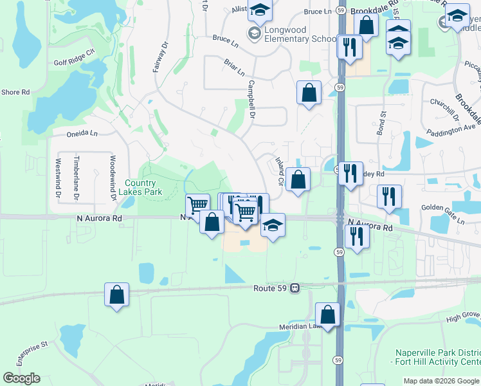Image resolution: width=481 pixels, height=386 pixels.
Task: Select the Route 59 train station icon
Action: tap(295, 288)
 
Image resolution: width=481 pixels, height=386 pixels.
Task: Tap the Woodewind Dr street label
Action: tap(112, 178)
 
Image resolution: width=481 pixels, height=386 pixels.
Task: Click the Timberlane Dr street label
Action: tap(77, 178)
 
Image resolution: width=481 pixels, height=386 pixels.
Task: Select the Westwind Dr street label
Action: tap(58, 178)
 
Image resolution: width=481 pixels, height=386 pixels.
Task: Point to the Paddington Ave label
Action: tap(450, 131)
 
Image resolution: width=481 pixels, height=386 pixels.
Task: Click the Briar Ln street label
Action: tap(235, 68)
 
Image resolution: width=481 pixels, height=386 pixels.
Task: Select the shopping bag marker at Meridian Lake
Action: tap(327, 315)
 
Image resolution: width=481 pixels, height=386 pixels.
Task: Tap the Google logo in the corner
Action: tap(21, 378)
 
